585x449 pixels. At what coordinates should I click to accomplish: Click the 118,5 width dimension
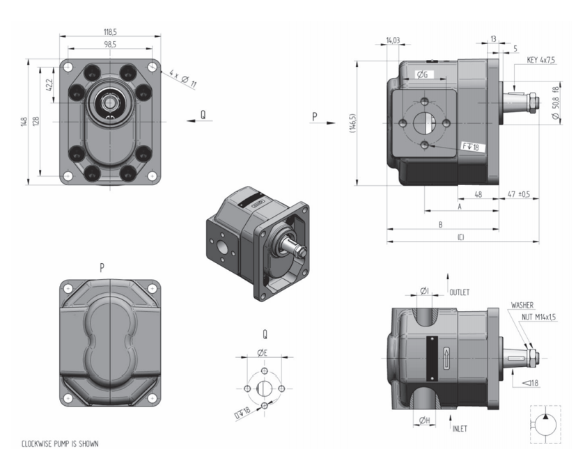tap(110, 32)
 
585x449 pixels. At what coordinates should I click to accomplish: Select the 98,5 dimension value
tap(110, 45)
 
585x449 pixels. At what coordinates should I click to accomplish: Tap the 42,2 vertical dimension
tap(49, 85)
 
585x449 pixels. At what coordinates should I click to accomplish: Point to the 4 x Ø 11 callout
tap(182, 78)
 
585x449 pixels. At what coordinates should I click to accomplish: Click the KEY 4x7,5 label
tap(540, 60)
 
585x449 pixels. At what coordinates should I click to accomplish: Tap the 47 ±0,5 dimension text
tap(519, 194)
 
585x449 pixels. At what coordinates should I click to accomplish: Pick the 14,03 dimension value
tap(393, 40)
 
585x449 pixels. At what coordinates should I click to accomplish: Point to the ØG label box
tap(422, 75)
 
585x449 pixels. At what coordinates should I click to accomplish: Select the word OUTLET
tap(459, 292)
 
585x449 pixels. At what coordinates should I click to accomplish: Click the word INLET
tap(460, 429)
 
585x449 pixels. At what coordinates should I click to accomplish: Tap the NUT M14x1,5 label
tap(539, 317)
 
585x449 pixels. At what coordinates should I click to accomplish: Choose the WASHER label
tap(522, 305)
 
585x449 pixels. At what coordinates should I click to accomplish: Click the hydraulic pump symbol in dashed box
tap(545, 424)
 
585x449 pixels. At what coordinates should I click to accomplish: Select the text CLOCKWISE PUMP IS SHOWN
tap(60, 443)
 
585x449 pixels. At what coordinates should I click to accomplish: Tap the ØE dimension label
tap(263, 352)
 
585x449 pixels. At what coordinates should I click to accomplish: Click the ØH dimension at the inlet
tap(425, 420)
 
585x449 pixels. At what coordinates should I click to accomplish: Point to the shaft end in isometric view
tap(302, 252)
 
